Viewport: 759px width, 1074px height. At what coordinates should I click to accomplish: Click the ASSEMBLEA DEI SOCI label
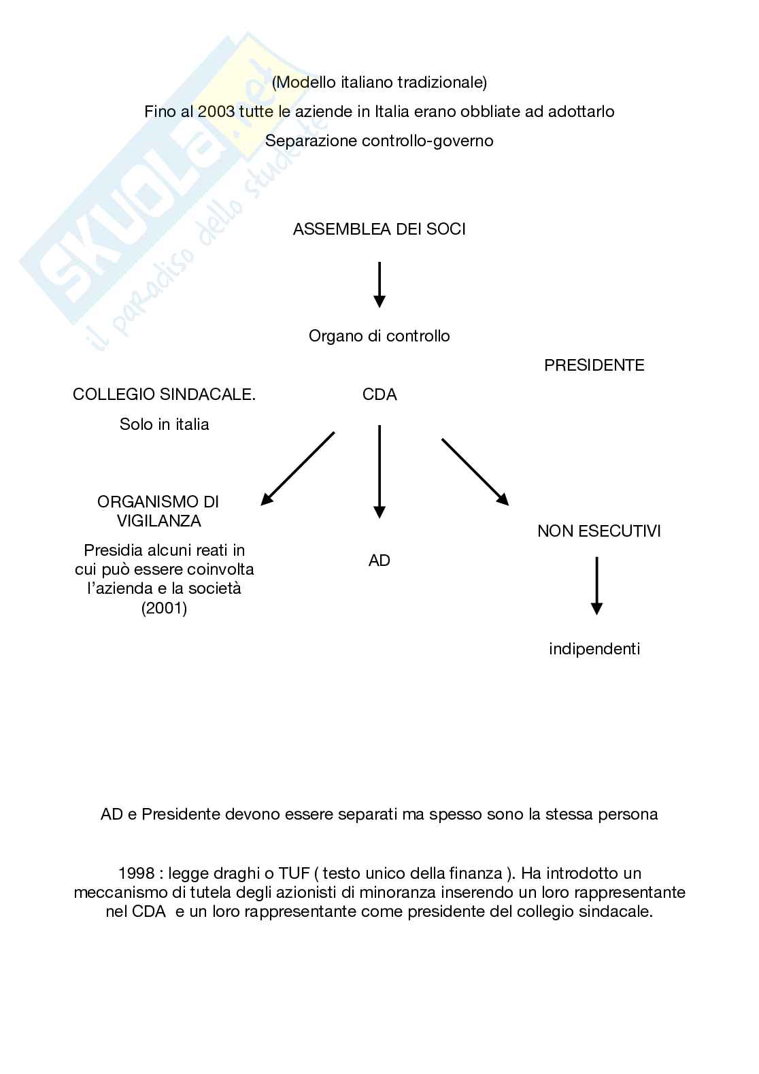(379, 229)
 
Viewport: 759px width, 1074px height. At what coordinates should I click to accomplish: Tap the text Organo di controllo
(379, 336)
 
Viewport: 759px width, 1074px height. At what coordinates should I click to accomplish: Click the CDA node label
(379, 395)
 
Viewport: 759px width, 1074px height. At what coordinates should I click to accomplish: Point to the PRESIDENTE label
(594, 365)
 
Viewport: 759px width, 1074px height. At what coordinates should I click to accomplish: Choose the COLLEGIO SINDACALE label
(164, 395)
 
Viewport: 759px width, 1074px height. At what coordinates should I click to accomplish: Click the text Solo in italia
(164, 424)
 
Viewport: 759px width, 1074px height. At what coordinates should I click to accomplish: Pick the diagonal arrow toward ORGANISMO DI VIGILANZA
(298, 469)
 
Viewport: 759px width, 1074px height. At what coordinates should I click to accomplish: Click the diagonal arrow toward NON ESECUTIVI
(475, 471)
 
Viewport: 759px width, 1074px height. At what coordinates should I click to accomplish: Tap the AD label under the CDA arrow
(379, 561)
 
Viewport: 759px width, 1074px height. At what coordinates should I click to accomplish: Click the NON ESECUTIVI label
(598, 531)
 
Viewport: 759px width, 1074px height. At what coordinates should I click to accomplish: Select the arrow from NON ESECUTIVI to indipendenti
(596, 585)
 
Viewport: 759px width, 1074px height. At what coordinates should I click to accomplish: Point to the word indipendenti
(594, 649)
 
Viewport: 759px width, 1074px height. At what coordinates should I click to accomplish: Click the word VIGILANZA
(158, 521)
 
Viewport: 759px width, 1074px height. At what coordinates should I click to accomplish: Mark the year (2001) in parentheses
(164, 608)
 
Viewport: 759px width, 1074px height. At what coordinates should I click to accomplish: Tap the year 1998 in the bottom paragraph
(137, 873)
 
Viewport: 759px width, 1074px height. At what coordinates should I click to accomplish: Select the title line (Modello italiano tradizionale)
(379, 82)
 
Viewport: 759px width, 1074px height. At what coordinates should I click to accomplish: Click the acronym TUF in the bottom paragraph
(295, 873)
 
